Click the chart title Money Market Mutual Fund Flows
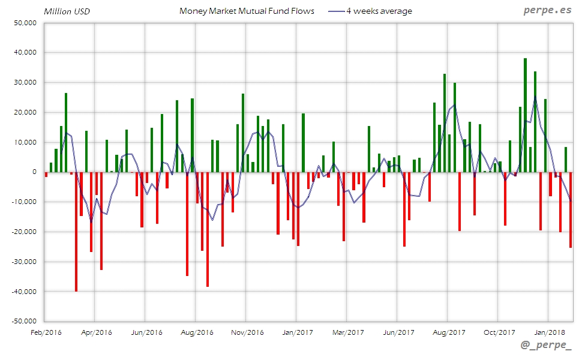pos(247,11)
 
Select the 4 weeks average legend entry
pos(379,11)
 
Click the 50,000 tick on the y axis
pos(25,23)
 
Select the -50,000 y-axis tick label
pos(24,322)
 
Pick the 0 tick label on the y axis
pos(35,172)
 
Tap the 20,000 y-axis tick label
pos(25,112)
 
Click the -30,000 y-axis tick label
pos(24,262)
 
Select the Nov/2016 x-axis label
pos(247,332)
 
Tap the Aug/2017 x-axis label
pos(449,332)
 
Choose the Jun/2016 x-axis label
pos(146,332)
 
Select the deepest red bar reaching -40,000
pos(76,234)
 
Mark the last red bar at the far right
pos(571,210)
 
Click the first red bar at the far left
pos(46,175)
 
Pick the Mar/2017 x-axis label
pos(348,332)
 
